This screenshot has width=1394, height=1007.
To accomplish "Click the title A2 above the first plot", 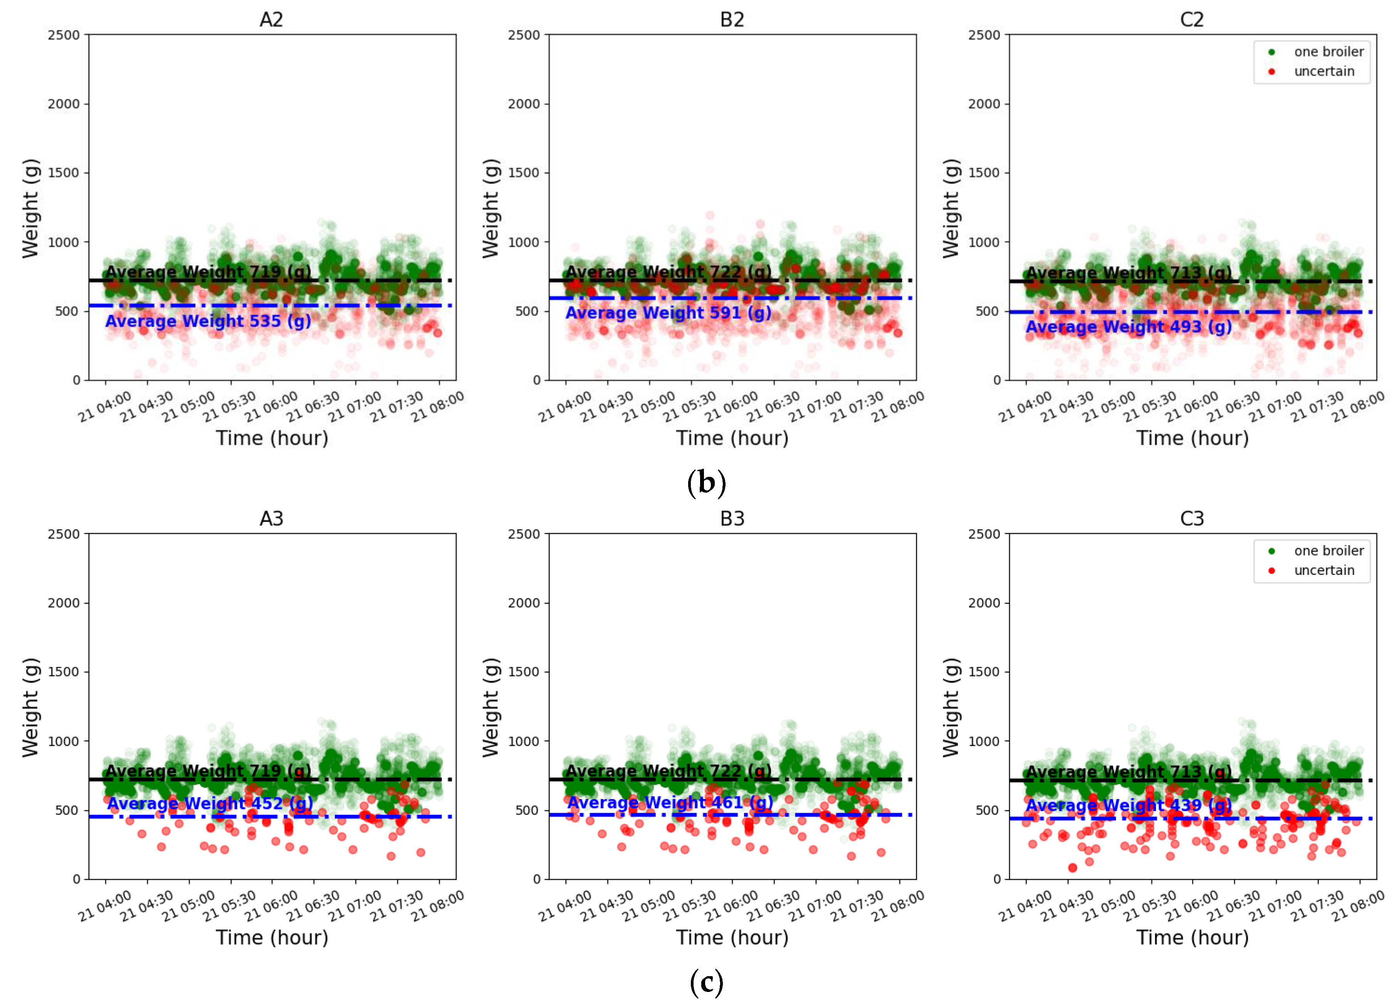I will pos(271,20).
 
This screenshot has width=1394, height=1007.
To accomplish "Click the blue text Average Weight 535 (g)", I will pos(208,321).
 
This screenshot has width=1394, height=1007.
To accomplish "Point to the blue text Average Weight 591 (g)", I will pos(668,313).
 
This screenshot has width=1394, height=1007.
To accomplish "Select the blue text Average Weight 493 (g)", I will pos(1129,326).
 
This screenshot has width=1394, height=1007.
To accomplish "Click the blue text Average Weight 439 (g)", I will pos(1129,805).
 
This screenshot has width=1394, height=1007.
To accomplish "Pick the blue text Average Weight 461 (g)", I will pos(669,802).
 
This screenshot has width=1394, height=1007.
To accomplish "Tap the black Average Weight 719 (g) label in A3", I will pos(208,770).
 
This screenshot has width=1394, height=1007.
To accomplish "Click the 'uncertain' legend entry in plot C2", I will pos(1323,71).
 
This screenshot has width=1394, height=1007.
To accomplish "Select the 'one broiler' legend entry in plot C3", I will pos(1328,551).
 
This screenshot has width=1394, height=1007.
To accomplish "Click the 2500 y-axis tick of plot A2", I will pos(64,35).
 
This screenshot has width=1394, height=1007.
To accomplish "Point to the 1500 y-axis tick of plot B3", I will pos(524,672).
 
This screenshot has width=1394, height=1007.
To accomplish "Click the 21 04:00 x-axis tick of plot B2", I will pos(564,407).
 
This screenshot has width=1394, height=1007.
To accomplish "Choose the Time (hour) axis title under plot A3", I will pos(272,938).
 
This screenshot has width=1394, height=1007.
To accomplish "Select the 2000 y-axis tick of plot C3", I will pos(984,603).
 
